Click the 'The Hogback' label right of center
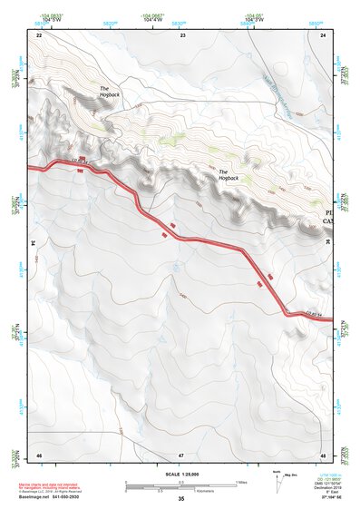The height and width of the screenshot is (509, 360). tap(229, 175)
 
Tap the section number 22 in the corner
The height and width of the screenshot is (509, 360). tap(39, 34)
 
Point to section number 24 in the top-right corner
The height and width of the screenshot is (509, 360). tap(323, 34)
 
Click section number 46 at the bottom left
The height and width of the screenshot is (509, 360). tap(39, 454)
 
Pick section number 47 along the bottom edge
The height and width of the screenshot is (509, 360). tap(181, 454)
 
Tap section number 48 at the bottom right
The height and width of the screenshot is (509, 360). tap(323, 454)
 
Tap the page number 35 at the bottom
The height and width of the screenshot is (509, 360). tap(181, 499)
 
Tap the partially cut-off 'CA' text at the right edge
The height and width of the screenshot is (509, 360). tap(329, 221)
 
